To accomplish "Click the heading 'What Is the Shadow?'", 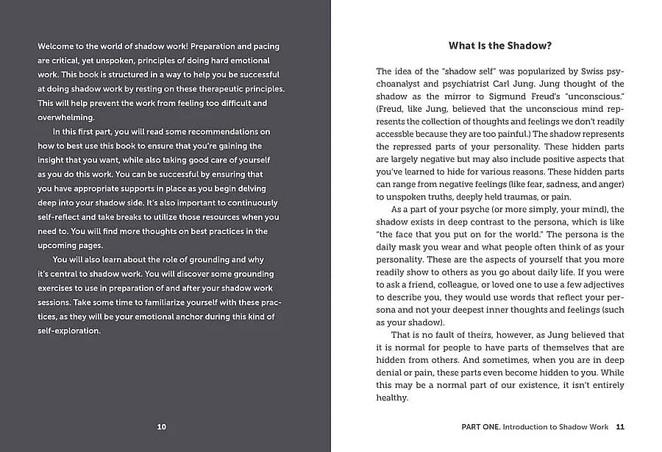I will [500, 46].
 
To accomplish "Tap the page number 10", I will [162, 426].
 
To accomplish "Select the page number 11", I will [620, 426].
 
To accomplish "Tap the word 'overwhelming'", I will [68, 118].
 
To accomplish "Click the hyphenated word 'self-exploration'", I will [68, 331].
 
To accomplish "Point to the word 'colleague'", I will [460, 286].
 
